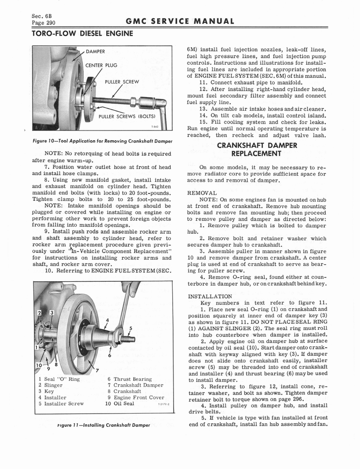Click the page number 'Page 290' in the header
pos(44,22)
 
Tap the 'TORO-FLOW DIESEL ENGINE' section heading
pos(82,33)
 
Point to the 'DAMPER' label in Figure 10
pos(96,51)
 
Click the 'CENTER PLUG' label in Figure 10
pos(102,65)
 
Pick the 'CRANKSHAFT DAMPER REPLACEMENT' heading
pos(257,149)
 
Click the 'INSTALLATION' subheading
pos(210,296)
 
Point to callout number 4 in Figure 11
pos(107,320)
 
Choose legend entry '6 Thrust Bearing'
pos(129,379)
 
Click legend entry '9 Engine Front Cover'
pos(136,398)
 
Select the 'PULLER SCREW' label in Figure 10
pos(121,82)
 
